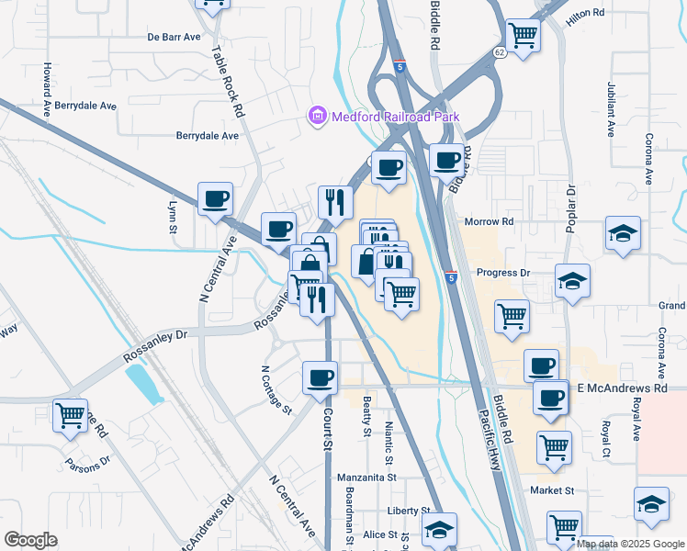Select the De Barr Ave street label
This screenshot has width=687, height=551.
(x=174, y=38)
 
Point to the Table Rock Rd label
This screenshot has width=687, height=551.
(x=225, y=82)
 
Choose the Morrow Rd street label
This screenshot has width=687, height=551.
(x=490, y=222)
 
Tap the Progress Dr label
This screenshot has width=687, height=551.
(x=503, y=273)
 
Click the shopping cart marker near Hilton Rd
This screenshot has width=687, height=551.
(x=523, y=36)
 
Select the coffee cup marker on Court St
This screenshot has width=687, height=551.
(x=320, y=377)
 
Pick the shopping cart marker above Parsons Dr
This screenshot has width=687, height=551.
(x=70, y=415)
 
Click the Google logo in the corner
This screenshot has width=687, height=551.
(x=30, y=540)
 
